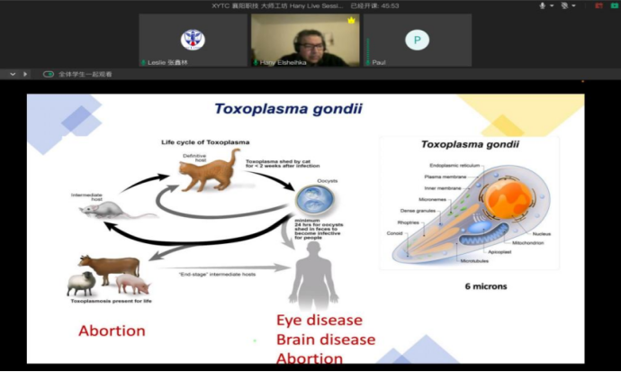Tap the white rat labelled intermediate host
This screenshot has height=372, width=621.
tap(100, 209)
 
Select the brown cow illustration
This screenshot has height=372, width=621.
tap(112, 266)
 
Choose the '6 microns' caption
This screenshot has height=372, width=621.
tap(484, 286)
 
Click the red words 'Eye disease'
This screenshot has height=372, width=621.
tap(319, 321)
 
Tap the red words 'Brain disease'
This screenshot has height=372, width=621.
tap(325, 340)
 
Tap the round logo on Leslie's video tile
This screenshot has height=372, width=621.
tap(193, 39)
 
